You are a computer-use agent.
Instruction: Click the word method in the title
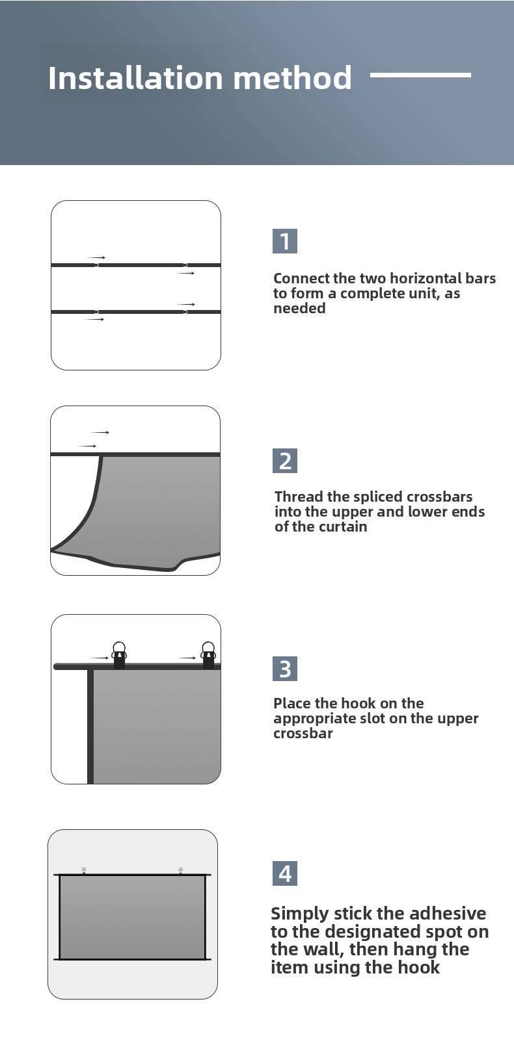293,77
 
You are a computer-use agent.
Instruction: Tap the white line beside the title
420,75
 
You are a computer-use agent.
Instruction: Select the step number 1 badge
285,241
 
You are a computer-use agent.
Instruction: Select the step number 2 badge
285,461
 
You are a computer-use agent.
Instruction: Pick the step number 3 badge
285,669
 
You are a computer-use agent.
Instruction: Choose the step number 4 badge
285,873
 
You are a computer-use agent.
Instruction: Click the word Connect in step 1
301,278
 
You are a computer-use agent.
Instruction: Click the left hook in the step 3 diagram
119,655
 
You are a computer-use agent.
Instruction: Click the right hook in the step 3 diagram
208,655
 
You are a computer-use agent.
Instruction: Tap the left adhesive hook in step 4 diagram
84,870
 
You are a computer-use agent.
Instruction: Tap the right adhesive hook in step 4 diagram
180,870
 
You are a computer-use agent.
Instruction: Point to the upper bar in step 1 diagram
135,265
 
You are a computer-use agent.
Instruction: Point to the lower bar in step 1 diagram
135,312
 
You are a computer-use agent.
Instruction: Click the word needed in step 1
299,308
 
